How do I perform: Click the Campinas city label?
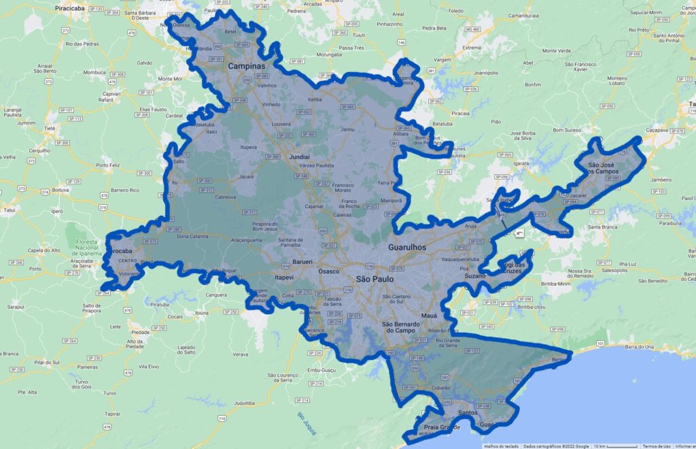point(245,67)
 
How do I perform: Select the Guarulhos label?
point(406,248)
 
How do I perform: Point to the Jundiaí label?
point(299,156)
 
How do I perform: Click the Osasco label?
point(328,271)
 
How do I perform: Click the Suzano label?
point(475,276)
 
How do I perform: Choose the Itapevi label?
point(283,278)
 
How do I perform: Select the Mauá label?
point(430,316)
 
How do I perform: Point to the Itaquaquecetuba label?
point(466,260)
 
